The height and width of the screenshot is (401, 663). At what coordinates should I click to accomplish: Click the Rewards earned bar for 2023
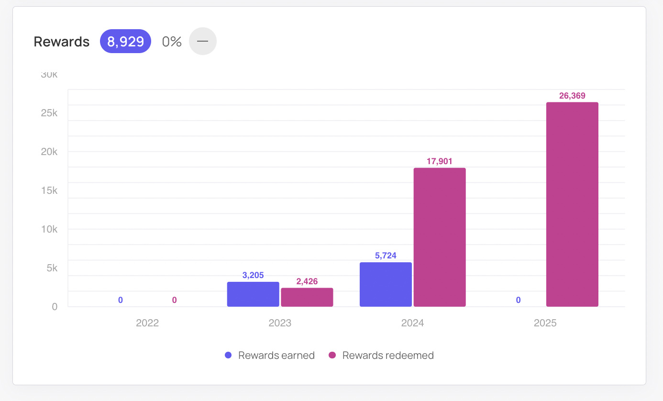click(253, 294)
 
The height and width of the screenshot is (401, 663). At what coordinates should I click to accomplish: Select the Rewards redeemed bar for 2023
click(307, 297)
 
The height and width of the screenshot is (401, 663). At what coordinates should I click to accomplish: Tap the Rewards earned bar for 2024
click(386, 284)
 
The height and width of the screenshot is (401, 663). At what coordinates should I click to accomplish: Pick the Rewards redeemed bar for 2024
click(440, 237)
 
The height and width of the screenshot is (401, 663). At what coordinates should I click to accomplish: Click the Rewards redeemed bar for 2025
click(572, 204)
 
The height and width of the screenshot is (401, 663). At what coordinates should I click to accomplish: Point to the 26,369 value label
click(572, 96)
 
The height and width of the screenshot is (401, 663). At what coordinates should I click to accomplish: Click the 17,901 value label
click(440, 161)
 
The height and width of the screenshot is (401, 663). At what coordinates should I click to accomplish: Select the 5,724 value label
click(386, 256)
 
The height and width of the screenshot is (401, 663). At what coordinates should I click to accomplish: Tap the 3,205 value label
click(253, 275)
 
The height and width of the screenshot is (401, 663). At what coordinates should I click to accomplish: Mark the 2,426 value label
click(307, 281)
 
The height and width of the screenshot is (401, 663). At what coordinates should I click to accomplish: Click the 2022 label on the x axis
click(147, 323)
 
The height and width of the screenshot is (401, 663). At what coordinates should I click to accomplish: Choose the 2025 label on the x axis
click(545, 323)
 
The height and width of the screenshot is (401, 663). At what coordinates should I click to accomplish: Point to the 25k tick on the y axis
click(49, 113)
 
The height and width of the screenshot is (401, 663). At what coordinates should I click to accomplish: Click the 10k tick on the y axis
click(49, 229)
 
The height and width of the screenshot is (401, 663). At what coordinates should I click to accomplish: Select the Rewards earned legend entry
click(270, 356)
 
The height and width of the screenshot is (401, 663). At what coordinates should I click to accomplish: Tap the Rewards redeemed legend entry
click(382, 356)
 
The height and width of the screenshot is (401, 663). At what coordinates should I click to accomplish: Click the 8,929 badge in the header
click(125, 42)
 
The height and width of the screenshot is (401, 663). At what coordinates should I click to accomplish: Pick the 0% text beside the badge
click(172, 42)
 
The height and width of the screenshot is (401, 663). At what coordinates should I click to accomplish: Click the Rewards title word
click(62, 42)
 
